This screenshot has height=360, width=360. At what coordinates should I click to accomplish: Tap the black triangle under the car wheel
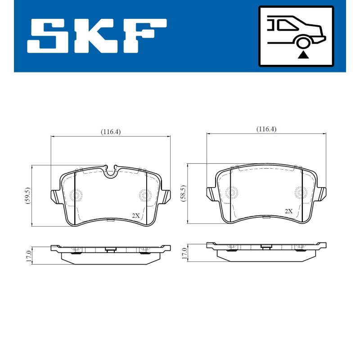(x=303, y=55)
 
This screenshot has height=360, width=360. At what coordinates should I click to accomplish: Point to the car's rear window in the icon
(x=288, y=25)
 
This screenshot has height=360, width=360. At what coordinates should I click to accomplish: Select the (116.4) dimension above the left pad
(x=111, y=132)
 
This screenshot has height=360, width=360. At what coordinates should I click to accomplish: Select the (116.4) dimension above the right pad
(x=266, y=129)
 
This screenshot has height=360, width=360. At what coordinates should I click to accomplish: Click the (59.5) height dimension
(x=27, y=195)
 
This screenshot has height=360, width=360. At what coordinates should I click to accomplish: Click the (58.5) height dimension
(x=184, y=193)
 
